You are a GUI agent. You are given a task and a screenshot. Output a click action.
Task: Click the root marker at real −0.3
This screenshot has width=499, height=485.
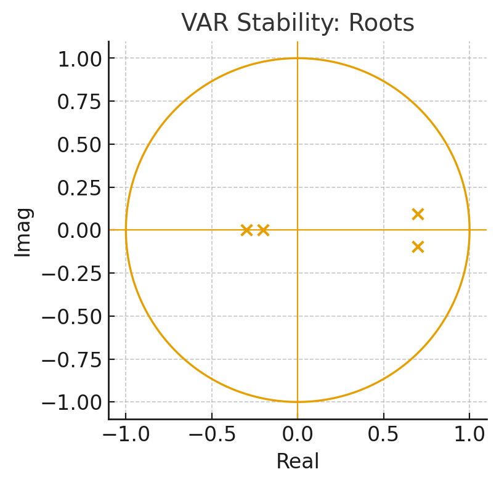point(246,230)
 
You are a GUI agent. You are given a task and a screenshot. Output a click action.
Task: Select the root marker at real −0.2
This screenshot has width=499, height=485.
point(263,230)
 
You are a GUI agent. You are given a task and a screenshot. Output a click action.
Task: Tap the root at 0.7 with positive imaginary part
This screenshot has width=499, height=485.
point(418,214)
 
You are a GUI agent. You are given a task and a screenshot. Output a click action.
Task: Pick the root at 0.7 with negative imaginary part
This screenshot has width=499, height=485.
point(418,247)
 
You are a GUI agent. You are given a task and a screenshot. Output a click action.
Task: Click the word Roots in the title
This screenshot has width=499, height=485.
point(381,23)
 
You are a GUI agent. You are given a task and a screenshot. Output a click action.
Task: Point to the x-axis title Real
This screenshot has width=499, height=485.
point(298,462)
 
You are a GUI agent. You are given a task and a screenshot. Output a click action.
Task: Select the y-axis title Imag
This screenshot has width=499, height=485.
point(23,231)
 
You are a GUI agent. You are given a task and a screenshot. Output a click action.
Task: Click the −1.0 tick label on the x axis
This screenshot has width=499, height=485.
point(125,434)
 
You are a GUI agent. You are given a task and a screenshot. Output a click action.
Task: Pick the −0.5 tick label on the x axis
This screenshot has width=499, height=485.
point(211,434)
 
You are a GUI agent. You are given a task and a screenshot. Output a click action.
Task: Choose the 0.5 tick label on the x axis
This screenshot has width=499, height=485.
point(384,434)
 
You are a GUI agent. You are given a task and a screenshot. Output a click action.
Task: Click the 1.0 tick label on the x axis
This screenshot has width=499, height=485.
point(469,434)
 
